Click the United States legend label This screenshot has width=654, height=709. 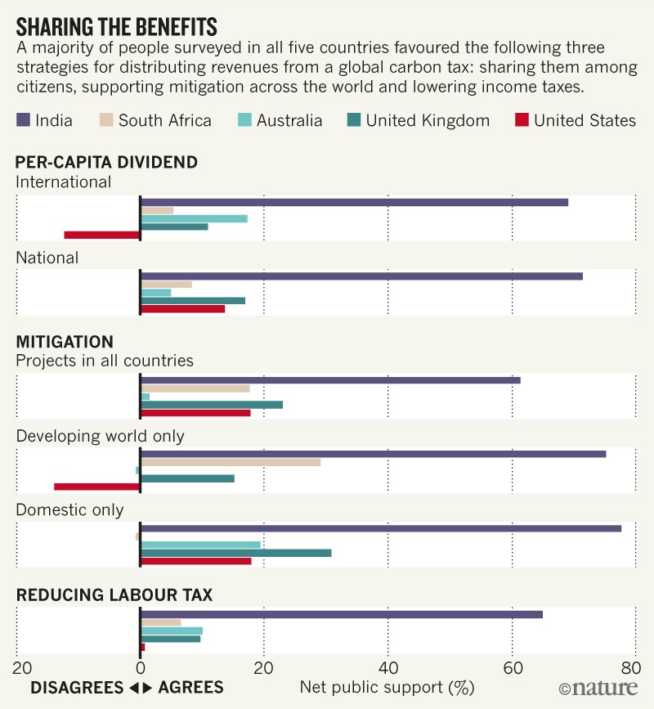coord(585,121)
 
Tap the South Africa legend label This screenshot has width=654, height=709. coord(164,121)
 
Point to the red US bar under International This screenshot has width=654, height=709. coord(102,236)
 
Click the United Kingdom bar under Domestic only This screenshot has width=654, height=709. coord(236,553)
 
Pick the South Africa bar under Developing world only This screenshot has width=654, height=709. coord(231,462)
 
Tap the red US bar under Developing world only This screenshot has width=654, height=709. coord(97,487)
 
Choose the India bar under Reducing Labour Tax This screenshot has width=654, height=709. coord(342,614)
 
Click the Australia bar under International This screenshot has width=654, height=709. coord(194,218)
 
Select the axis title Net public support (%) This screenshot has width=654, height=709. coord(387,687)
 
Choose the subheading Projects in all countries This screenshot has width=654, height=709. coord(105,360)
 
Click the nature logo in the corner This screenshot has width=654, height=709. coord(599,689)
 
